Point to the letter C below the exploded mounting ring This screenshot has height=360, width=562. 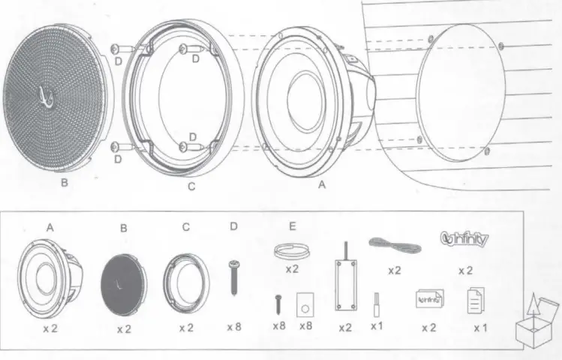[191, 187]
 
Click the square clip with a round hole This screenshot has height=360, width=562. [306, 303]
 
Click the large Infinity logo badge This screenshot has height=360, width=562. [463, 239]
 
